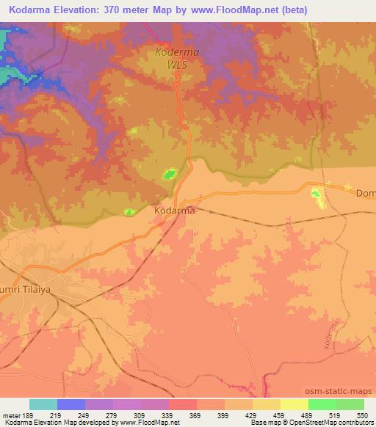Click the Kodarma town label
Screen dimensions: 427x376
pyautogui.click(x=175, y=211)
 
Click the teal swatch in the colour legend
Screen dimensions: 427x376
pyautogui.click(x=43, y=404)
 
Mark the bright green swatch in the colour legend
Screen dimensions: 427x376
pyautogui.click(x=322, y=404)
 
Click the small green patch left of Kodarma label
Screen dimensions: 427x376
pyautogui.click(x=130, y=212)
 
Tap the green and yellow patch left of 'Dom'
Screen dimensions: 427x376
pyautogui.click(x=318, y=196)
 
